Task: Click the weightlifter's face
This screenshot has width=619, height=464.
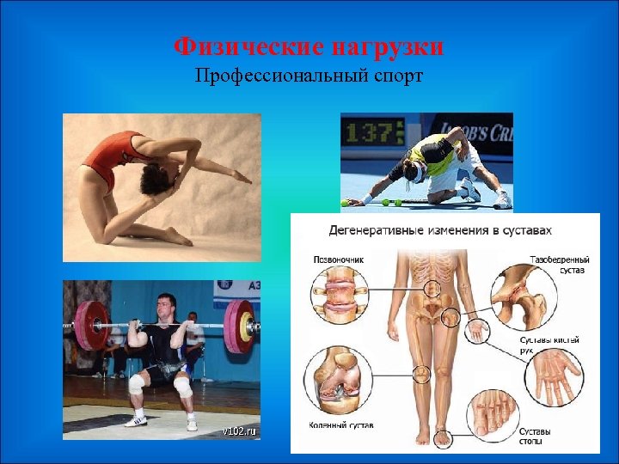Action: [x=166, y=307]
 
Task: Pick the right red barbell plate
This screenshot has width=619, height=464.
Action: [x=240, y=326]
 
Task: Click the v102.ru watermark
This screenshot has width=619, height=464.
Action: [x=239, y=430]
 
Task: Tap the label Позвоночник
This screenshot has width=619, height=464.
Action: [x=334, y=257]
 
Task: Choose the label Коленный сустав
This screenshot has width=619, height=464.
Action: [x=341, y=424]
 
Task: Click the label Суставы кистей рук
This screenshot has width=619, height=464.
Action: [x=549, y=345]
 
